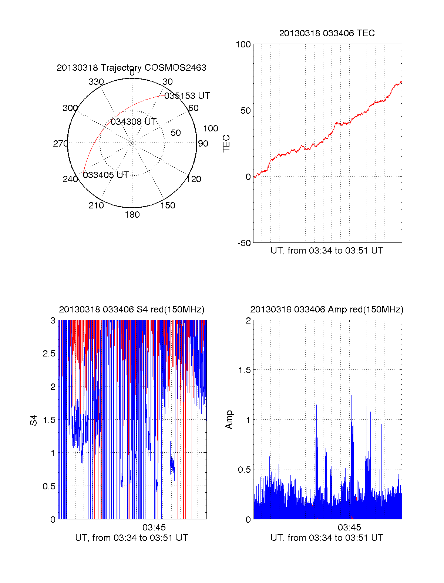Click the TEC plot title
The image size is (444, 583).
[327, 33]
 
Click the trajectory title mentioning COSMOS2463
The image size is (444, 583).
[131, 68]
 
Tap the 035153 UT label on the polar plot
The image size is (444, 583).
[187, 96]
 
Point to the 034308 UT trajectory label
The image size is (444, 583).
[134, 122]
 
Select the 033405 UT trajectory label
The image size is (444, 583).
[105, 175]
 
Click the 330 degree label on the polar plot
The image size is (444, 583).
[96, 82]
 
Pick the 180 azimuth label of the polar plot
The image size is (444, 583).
[132, 215]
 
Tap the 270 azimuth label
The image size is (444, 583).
[60, 144]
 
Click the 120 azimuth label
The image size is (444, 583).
[194, 179]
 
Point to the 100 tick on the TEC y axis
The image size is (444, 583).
[243, 44]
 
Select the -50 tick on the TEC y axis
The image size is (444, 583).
[244, 243]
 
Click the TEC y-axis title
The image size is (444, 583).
[226, 144]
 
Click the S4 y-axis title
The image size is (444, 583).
[34, 420]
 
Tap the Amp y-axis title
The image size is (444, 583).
[229, 420]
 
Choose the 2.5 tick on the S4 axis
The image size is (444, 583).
[49, 354]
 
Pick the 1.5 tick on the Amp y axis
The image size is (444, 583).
[245, 370]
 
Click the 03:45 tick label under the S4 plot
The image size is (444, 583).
[154, 527]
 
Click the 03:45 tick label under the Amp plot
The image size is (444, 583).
[349, 527]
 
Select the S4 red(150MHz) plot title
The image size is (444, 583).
[131, 309]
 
